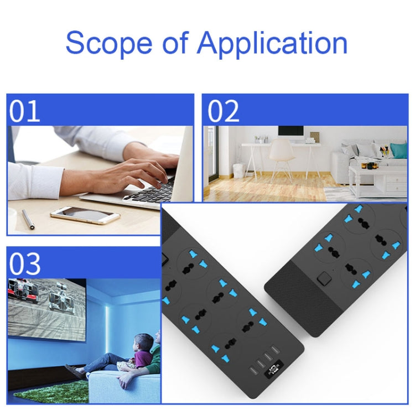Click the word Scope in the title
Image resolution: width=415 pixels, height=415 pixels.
pos(109,43)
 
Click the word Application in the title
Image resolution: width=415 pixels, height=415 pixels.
pos(272,43)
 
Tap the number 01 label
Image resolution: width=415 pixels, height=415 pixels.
pos(24,111)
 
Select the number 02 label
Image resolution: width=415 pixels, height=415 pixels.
pos(223,111)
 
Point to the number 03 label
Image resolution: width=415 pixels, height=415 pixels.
pos(25,264)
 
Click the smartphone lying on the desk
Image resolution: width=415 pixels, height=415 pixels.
pos(85,215)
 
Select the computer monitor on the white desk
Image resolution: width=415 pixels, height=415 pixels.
pos(290,134)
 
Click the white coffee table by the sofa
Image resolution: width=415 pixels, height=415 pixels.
pos(378,180)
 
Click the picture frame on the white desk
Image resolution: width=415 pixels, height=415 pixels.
pos(315,137)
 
